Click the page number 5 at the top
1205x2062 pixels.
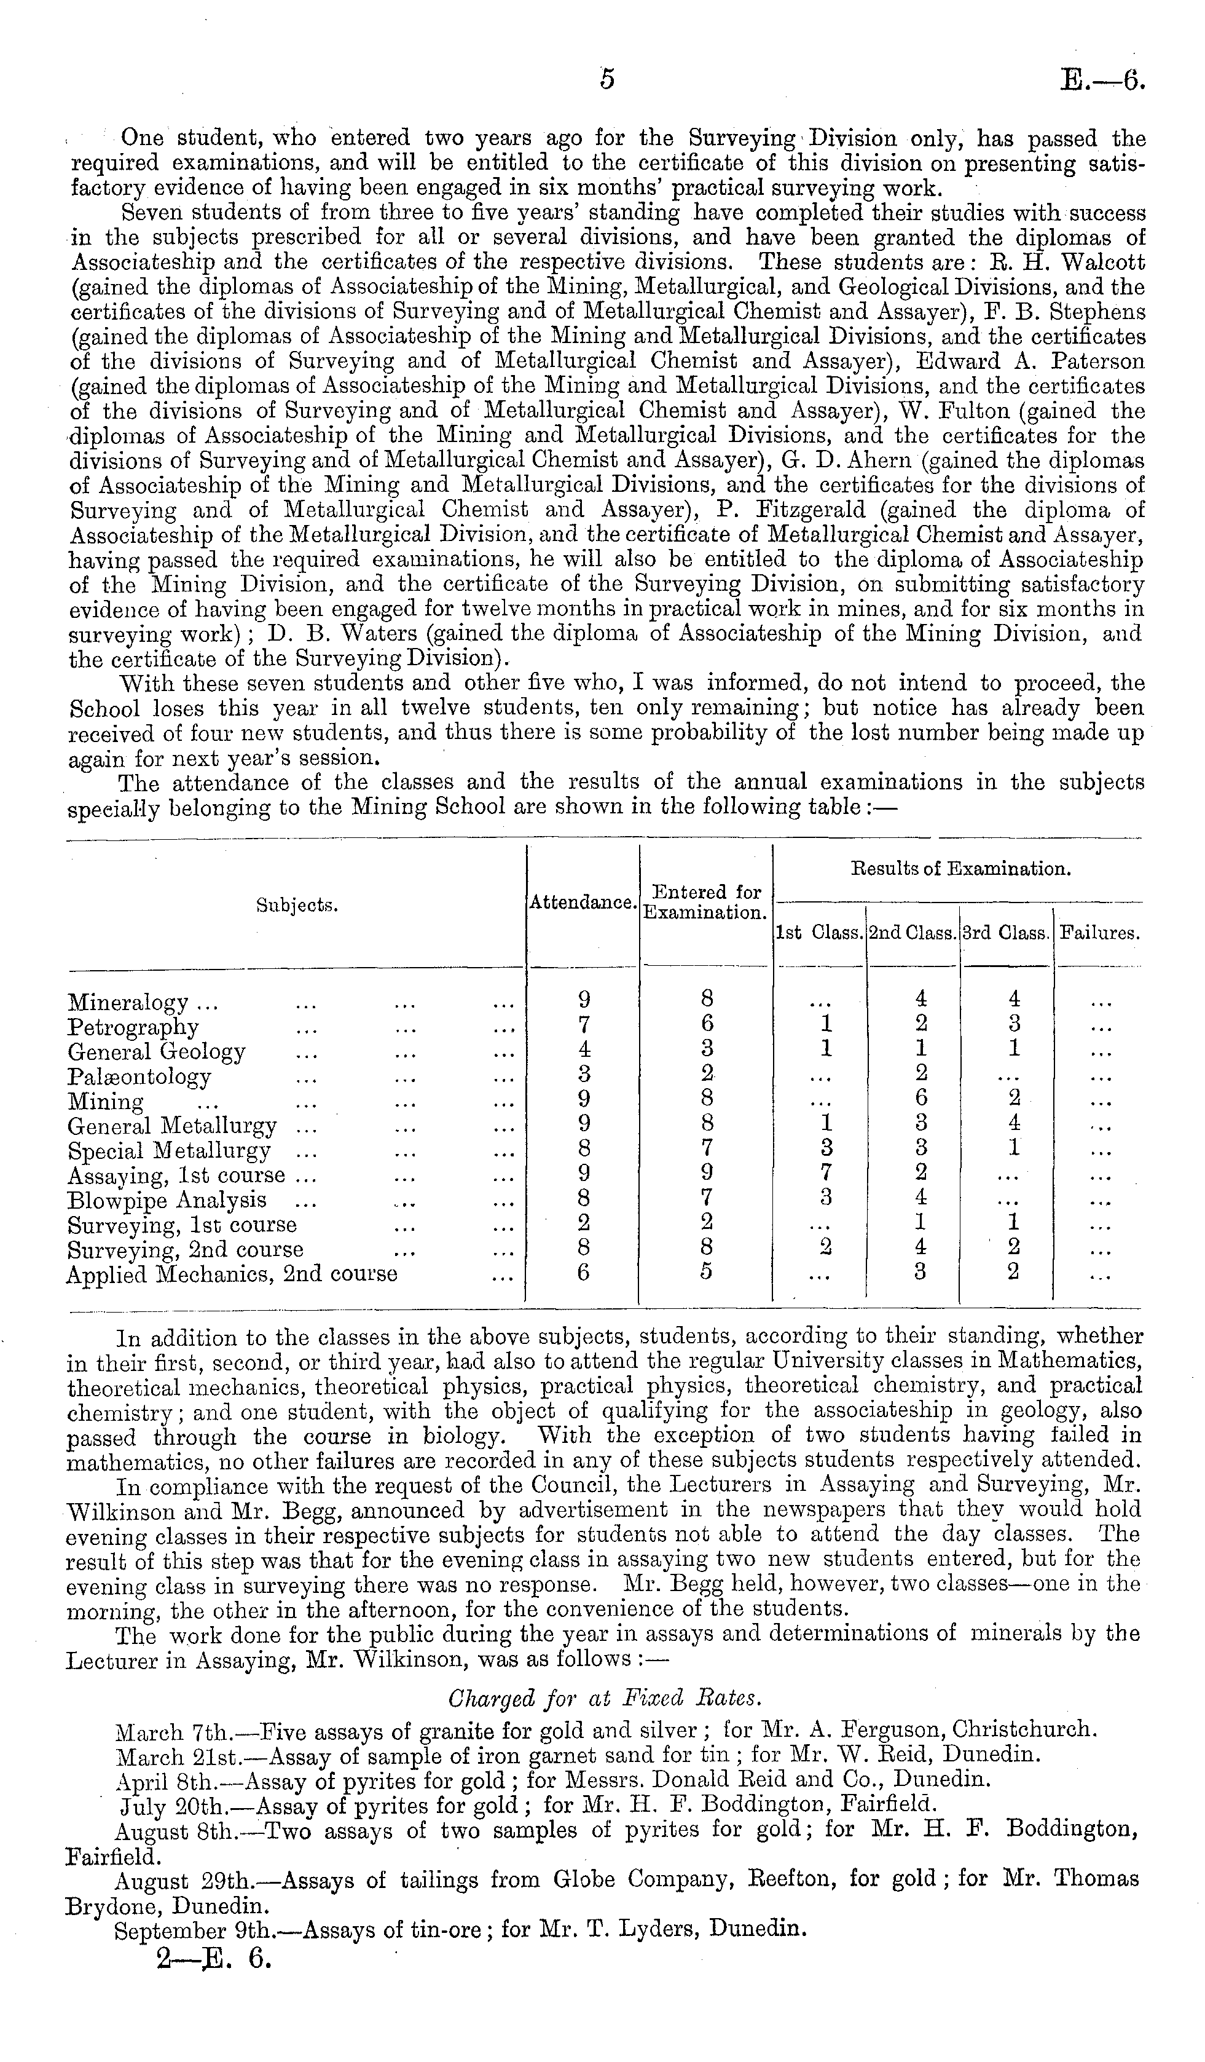point(606,79)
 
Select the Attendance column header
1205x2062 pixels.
point(582,903)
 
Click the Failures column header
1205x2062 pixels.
point(1099,933)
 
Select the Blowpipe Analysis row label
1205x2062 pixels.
point(167,1199)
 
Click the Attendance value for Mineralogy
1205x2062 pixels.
point(583,1000)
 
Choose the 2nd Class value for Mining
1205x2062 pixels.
point(920,1098)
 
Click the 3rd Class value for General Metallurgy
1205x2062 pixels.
point(1013,1123)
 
